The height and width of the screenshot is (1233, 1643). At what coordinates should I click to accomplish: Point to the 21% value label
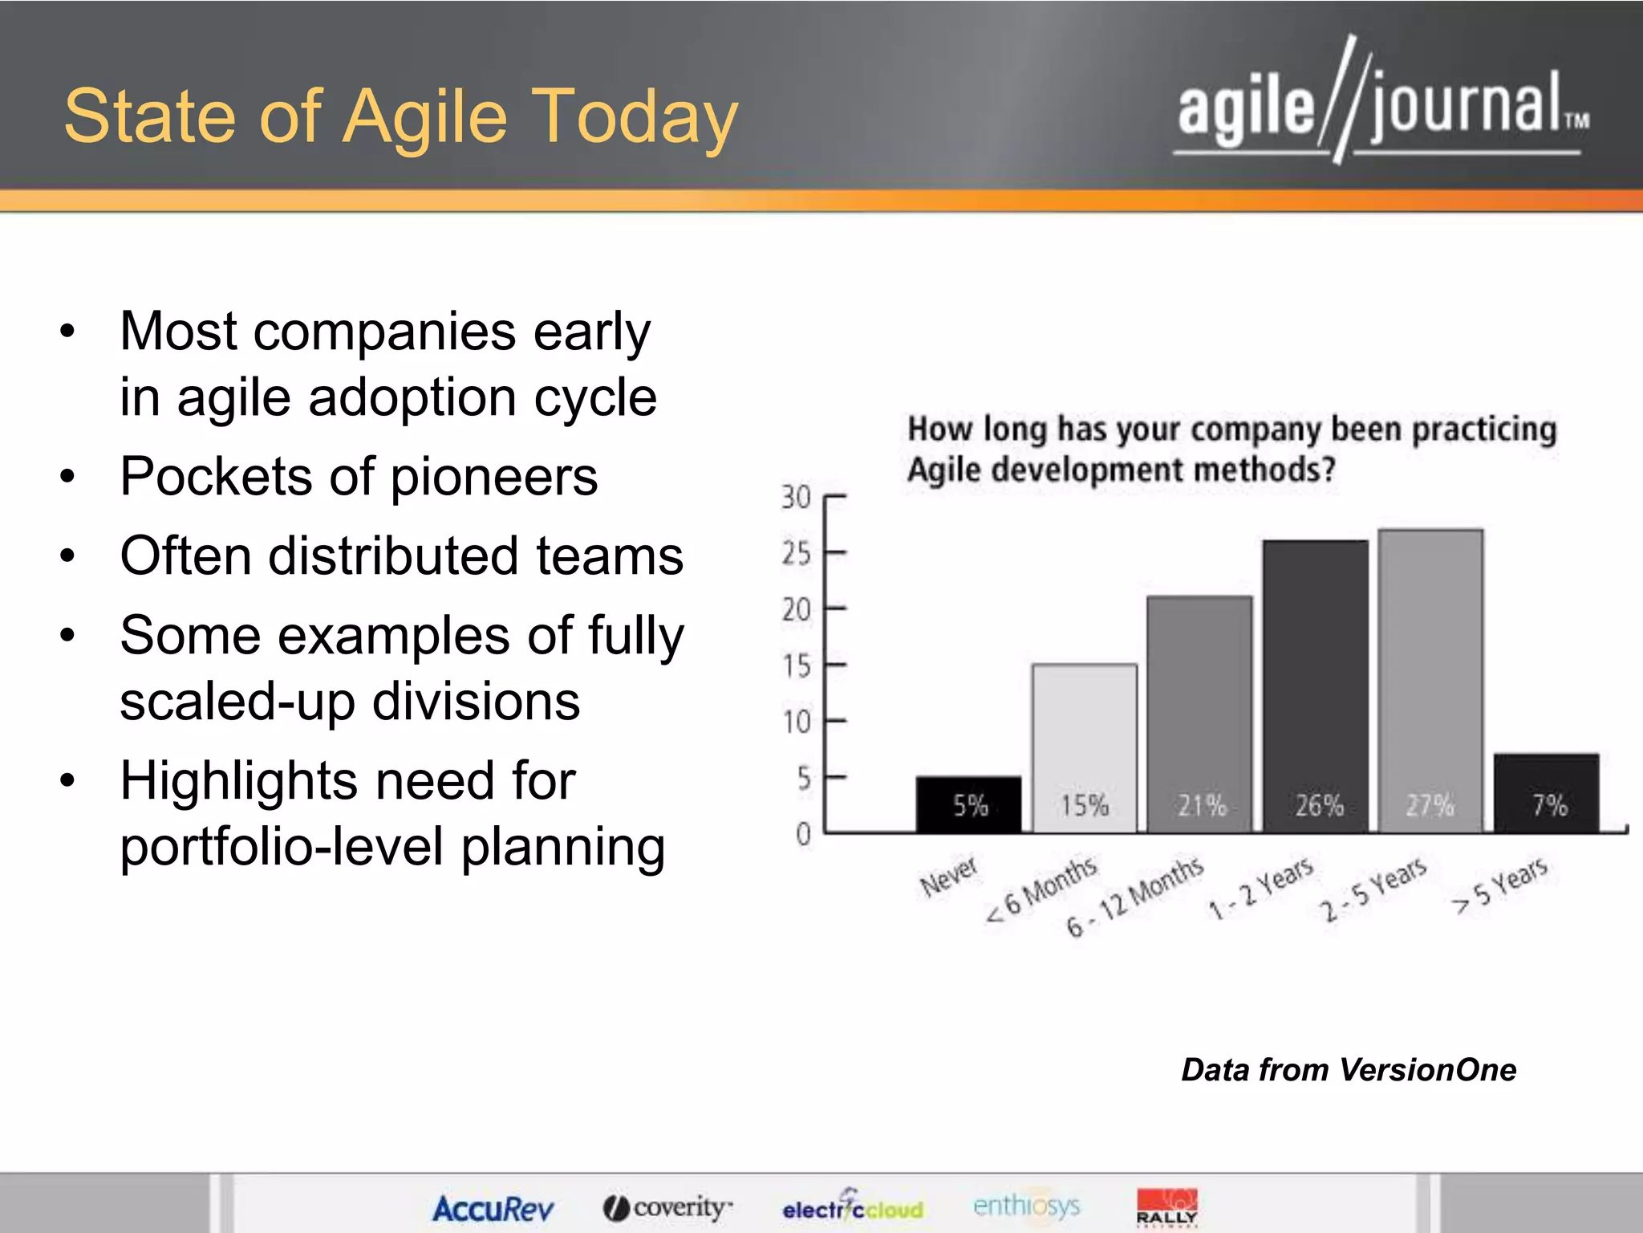coord(1201,805)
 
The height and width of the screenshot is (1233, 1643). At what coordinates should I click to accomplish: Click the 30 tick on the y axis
coord(796,497)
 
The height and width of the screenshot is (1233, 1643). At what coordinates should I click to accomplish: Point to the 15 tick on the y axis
coord(797,665)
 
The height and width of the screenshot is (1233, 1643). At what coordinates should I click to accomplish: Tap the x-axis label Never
coord(949,876)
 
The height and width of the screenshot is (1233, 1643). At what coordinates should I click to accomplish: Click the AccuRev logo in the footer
coord(493,1208)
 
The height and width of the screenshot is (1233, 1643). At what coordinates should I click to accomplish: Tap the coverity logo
coord(668,1207)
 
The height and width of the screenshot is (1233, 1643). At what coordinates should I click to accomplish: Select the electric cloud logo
coord(853,1207)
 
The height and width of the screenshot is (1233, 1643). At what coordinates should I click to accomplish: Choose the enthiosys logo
coord(1026,1205)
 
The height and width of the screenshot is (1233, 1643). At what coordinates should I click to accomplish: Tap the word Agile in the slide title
coord(426,118)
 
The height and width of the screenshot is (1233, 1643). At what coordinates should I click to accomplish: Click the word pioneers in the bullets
coord(494,477)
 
